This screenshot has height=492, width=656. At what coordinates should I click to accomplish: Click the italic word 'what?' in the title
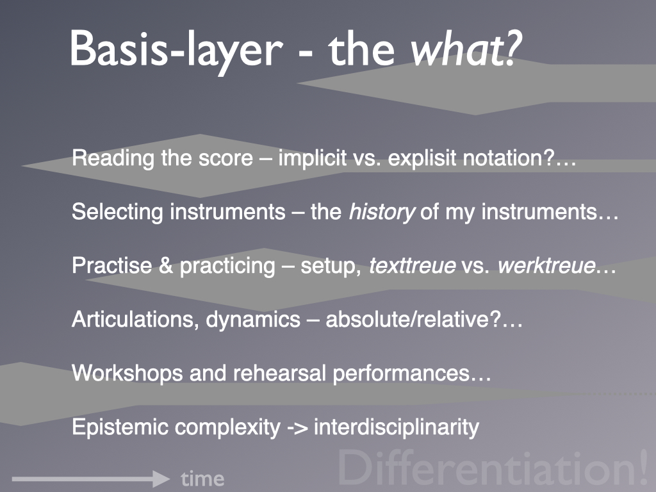click(x=466, y=49)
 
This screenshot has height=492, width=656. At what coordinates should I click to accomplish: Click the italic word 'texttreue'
click(x=412, y=266)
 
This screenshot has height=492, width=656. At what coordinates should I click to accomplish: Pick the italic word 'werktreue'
click(x=546, y=266)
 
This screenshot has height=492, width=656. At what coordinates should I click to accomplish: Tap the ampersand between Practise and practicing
click(x=166, y=266)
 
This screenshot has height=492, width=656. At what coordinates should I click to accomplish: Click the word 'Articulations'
click(x=133, y=320)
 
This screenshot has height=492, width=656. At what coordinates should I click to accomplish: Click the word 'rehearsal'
click(x=279, y=373)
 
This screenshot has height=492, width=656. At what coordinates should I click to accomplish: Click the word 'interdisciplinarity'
click(x=397, y=427)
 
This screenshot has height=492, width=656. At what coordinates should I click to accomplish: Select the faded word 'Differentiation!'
click(x=493, y=468)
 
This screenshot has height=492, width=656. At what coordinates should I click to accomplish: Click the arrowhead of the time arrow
click(x=161, y=479)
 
